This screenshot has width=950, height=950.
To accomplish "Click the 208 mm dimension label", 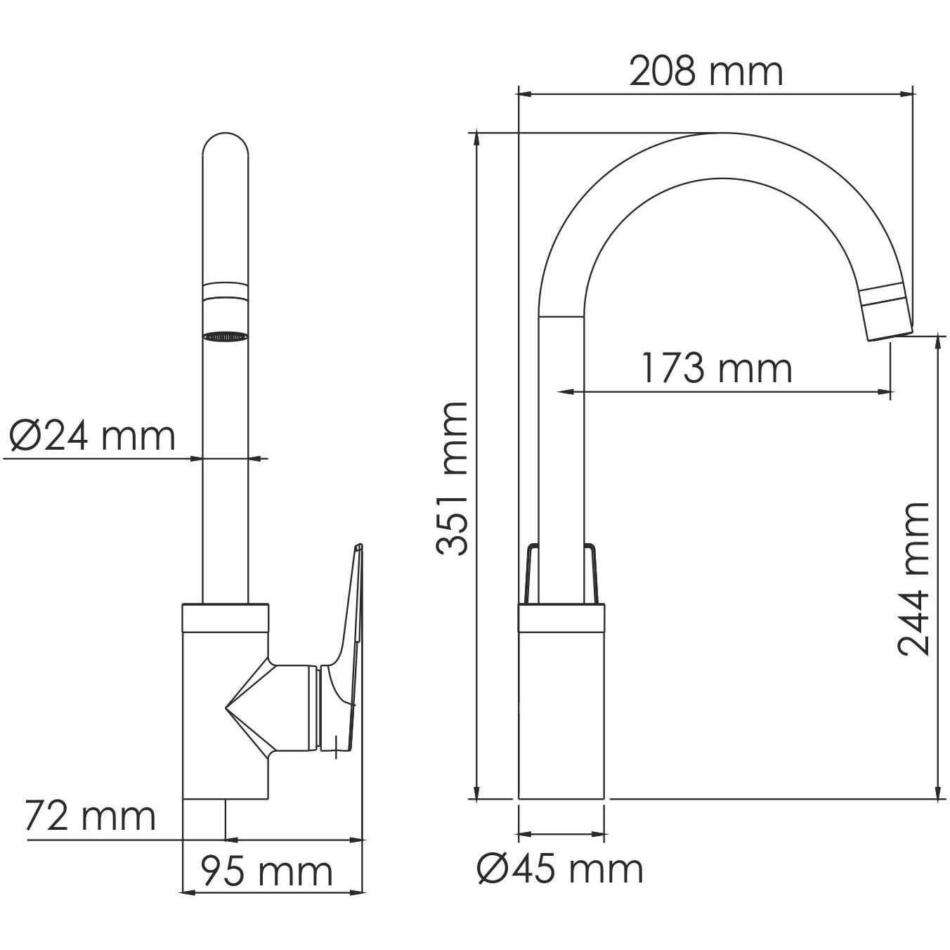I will pyautogui.click(x=705, y=72).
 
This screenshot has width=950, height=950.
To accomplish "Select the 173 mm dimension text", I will pyautogui.click(x=716, y=368).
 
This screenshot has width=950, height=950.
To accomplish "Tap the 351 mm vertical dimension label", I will pyautogui.click(x=451, y=479).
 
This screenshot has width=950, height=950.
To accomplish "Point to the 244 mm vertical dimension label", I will pyautogui.click(x=913, y=578).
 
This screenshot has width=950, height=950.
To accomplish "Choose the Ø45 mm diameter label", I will pyautogui.click(x=560, y=869).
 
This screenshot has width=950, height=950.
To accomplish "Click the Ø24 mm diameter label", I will pyautogui.click(x=92, y=436).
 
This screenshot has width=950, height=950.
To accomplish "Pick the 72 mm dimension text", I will pyautogui.click(x=90, y=816).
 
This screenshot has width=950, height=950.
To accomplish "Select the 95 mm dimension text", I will pyautogui.click(x=266, y=872).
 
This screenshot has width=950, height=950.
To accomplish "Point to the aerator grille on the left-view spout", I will pyautogui.click(x=226, y=337).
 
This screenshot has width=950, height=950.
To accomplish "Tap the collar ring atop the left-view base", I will pyautogui.click(x=226, y=616).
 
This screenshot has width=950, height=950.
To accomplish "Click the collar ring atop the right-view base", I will pyautogui.click(x=561, y=617).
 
